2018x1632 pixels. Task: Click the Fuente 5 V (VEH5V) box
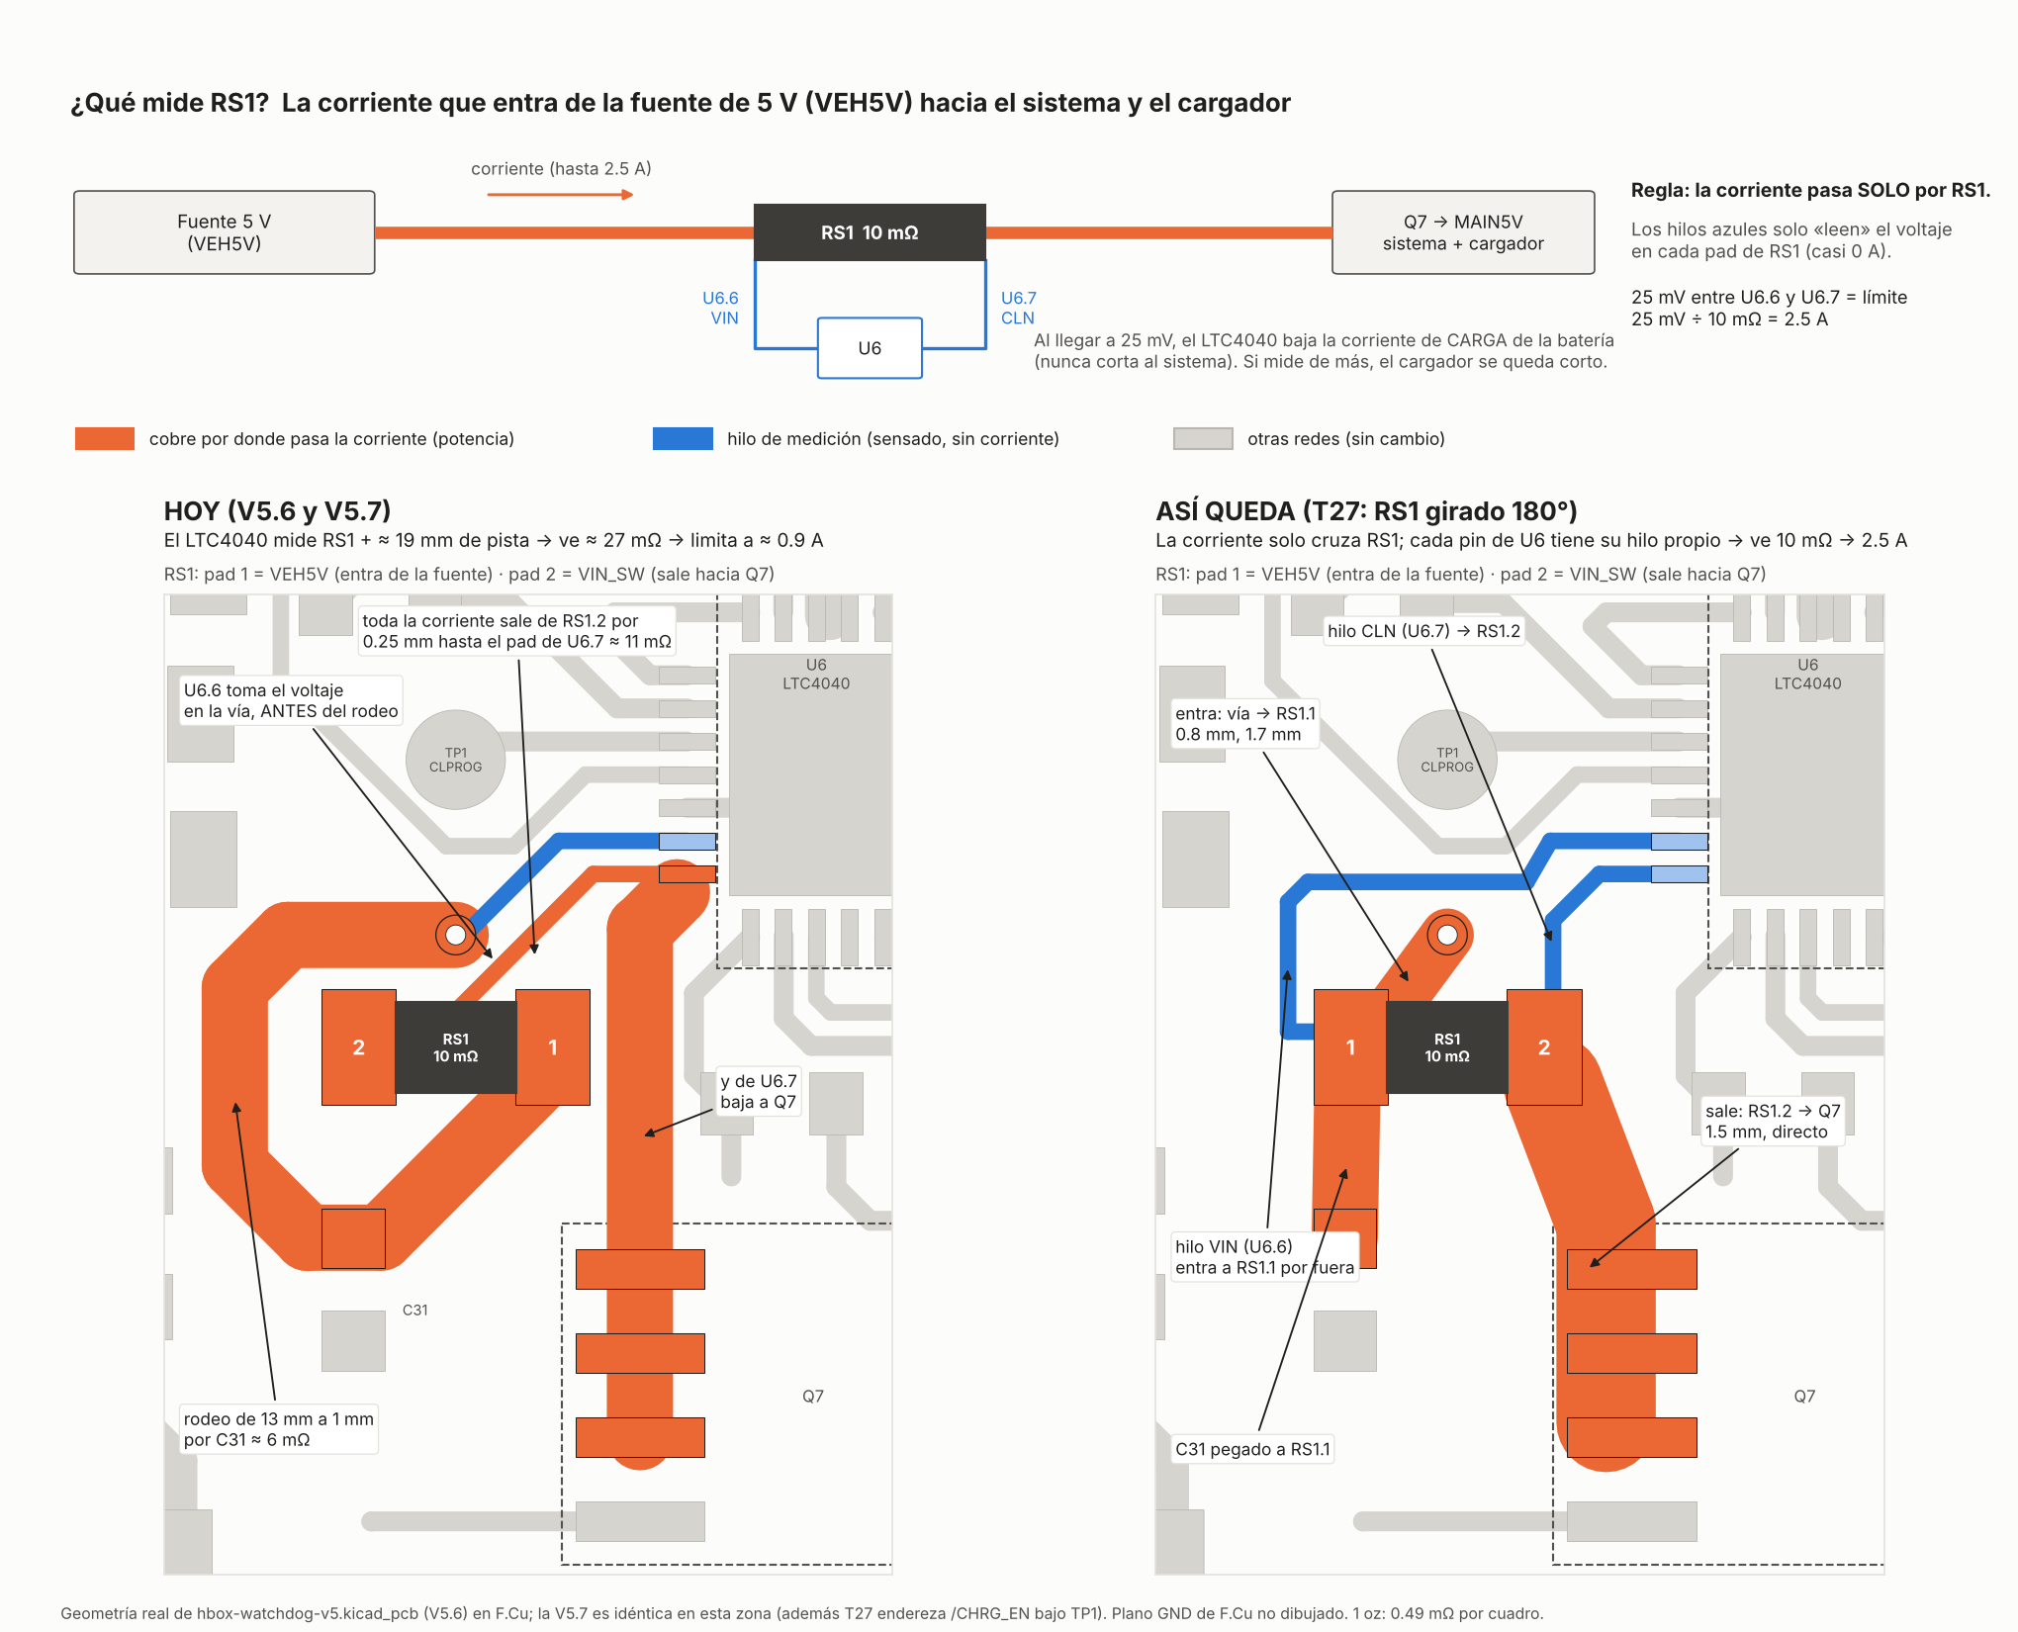coord(225,232)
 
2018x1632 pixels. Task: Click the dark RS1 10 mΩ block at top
coord(870,232)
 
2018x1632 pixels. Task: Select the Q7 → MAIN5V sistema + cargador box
coord(1463,232)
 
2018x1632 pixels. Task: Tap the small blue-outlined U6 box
coord(870,348)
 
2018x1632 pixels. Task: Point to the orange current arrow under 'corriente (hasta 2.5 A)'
coord(560,195)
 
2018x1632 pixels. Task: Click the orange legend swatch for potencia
coord(105,438)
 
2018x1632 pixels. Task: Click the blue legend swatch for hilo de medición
coord(683,438)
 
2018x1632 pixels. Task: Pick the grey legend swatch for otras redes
coord(1203,438)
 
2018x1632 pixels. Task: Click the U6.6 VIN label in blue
coord(720,308)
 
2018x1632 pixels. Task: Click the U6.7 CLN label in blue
coord(1019,308)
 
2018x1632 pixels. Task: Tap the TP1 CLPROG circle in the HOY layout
coord(456,760)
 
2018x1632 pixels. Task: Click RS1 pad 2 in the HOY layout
coord(359,1047)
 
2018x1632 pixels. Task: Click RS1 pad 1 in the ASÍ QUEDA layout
coord(1351,1047)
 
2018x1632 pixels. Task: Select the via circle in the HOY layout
coord(455,935)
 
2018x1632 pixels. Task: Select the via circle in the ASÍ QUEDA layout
coord(1447,935)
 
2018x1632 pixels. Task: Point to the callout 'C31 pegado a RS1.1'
coord(1252,1449)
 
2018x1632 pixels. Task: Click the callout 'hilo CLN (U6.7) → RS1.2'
coord(1424,631)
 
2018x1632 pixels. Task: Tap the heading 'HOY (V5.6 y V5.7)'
coord(277,511)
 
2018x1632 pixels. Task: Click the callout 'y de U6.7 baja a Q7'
coord(759,1092)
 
